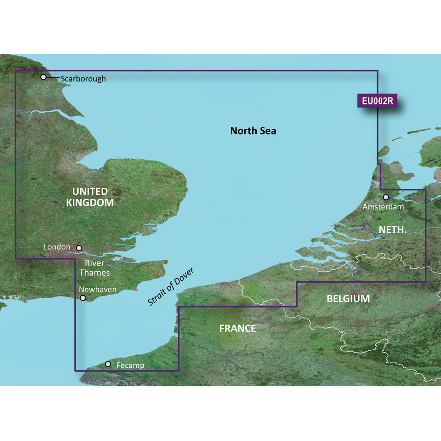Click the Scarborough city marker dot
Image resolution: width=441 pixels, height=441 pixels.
pos(43,77)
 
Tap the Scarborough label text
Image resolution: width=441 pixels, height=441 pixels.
pos(83,79)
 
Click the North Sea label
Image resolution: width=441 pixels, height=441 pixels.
pos(253,131)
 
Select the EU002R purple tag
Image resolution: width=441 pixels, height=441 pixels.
pos(377,101)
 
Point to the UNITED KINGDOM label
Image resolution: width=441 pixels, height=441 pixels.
pos(90,197)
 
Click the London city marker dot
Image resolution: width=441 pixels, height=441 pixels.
pos(79,248)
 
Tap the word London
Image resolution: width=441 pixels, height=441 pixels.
pos(57,247)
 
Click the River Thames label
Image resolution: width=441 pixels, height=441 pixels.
pos(95,268)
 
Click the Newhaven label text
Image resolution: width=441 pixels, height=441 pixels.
pos(97,289)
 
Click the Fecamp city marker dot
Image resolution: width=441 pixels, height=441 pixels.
pos(108,364)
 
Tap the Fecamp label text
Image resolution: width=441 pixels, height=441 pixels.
pos(131,366)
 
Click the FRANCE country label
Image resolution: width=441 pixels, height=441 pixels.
pos(238,328)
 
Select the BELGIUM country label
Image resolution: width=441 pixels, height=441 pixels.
pos(348,299)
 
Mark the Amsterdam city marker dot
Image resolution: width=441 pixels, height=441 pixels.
pos(386,197)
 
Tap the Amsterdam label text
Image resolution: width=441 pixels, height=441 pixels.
pos(383,206)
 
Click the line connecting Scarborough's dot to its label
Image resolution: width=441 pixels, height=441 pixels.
pos(52,78)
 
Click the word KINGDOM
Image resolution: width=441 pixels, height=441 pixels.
pos(90,202)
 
